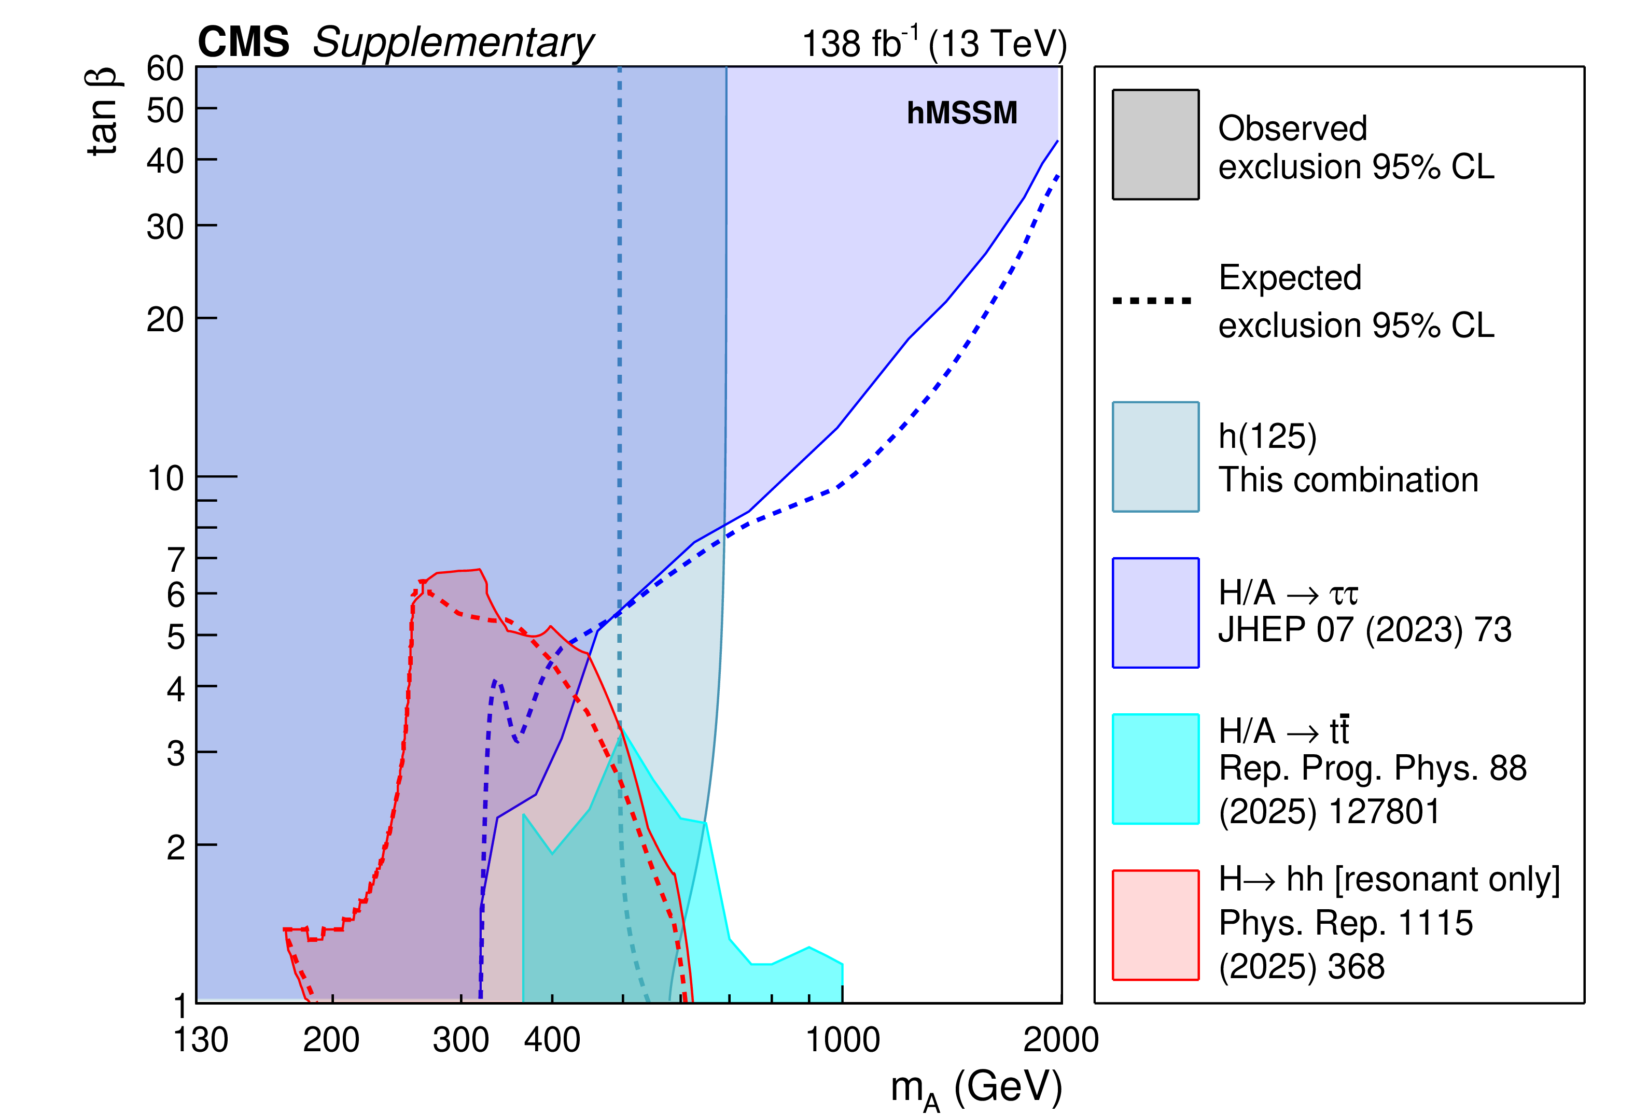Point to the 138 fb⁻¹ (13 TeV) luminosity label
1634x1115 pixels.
(934, 44)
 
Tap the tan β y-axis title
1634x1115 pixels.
(103, 112)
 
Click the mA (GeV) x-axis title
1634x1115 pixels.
(976, 1088)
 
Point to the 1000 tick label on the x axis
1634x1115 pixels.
(842, 1040)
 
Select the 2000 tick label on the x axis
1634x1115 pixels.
(1060, 1040)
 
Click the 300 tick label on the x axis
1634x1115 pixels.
(460, 1040)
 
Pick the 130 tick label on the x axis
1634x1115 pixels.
(201, 1040)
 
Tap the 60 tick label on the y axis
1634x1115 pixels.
(165, 69)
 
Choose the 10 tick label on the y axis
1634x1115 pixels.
(166, 479)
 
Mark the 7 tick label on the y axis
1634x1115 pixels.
(176, 560)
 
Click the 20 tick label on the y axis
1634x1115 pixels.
(165, 320)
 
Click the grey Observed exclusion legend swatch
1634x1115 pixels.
(1155, 144)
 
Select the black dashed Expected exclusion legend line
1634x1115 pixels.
(1152, 301)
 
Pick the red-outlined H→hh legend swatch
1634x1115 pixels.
(1155, 924)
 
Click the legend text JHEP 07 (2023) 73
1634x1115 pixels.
(1364, 629)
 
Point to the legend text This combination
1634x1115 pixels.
(1348, 480)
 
